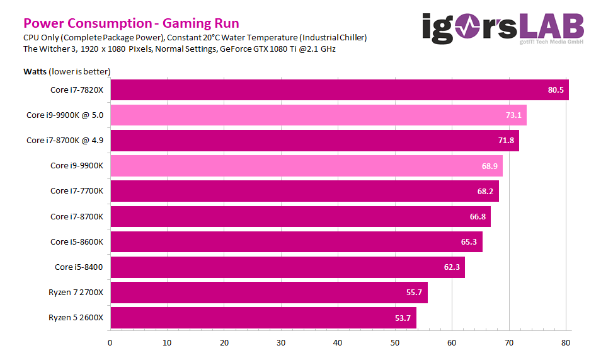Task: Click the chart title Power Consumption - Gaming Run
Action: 131,23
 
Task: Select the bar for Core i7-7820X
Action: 339,90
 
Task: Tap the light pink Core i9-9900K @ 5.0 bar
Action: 318,115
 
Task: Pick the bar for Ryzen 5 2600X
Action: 263,318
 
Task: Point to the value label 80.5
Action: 556,90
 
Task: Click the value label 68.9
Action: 490,166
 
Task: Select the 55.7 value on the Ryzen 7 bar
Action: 414,293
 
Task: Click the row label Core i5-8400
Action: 79,267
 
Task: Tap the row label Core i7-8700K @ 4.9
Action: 64,140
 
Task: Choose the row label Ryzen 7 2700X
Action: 76,293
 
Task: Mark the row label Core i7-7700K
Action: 76,191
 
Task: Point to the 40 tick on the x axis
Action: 338,343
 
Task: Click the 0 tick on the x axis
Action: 110,343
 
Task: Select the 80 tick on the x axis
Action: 566,343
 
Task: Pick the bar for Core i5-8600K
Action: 296,241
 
